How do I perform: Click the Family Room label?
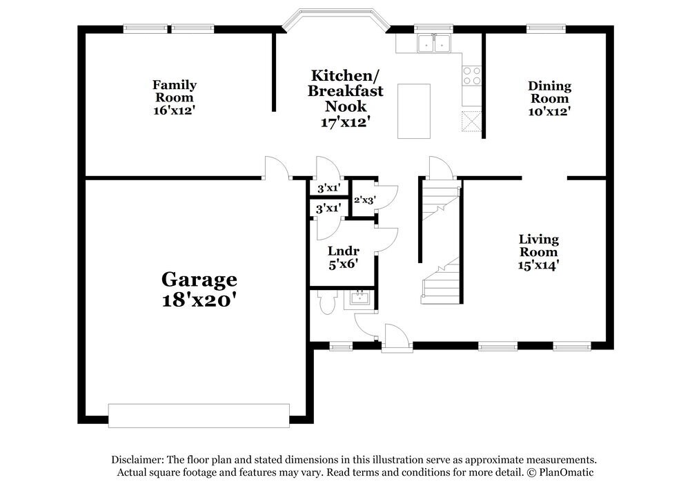pyautogui.click(x=175, y=90)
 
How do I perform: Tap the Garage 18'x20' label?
pyautogui.click(x=199, y=289)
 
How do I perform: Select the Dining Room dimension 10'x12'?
pyautogui.click(x=550, y=111)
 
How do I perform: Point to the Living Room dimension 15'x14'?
pyautogui.click(x=539, y=265)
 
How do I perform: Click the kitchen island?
pyautogui.click(x=413, y=111)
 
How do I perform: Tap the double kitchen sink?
pyautogui.click(x=434, y=44)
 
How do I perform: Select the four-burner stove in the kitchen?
pyautogui.click(x=471, y=75)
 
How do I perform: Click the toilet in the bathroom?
pyautogui.click(x=326, y=302)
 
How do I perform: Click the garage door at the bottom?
pyautogui.click(x=199, y=416)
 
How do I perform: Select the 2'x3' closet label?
pyautogui.click(x=365, y=200)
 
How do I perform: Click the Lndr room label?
pyautogui.click(x=343, y=251)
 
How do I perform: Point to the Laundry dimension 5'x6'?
pyautogui.click(x=343, y=264)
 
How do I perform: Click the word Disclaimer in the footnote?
pyautogui.click(x=137, y=460)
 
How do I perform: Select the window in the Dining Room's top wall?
pyautogui.click(x=545, y=28)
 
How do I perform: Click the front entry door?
pyautogui.click(x=397, y=338)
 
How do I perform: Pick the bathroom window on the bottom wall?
pyautogui.click(x=341, y=347)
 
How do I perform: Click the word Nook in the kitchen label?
pyautogui.click(x=346, y=106)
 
